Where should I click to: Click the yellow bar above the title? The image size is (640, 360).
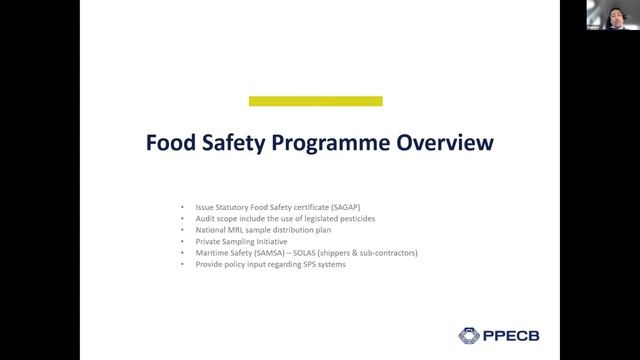[x=315, y=101]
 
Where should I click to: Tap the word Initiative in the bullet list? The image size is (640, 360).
[x=267, y=241]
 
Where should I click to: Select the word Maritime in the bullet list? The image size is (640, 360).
[x=211, y=253]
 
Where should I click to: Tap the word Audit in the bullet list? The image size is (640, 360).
[x=205, y=218]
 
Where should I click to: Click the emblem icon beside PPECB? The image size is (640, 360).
[x=469, y=335]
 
